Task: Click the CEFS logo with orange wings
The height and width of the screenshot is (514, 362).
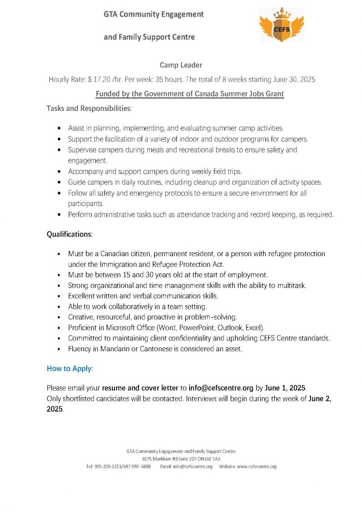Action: [281, 25]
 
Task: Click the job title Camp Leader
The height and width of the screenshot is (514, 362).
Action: [181, 65]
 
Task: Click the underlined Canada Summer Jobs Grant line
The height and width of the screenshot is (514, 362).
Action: [190, 94]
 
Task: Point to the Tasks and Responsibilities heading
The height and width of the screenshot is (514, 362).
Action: [89, 108]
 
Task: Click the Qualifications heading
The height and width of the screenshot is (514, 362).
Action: [69, 234]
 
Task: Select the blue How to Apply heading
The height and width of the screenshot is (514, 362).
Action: [69, 368]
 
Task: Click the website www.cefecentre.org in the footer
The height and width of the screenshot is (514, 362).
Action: [256, 466]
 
